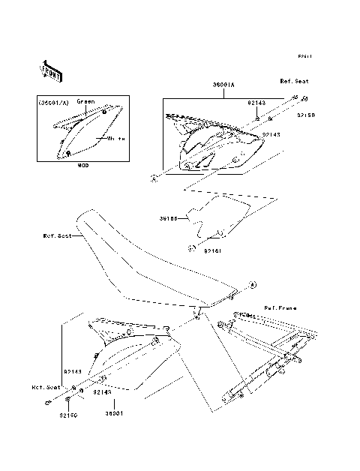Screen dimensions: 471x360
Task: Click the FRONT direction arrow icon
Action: pos(51,70)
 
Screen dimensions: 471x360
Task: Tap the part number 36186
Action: pos(168,220)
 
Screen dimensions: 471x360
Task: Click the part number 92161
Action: pos(212,251)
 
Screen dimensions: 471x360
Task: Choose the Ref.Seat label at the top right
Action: pos(294,81)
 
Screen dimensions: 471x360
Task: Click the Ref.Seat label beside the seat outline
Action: pos(57,235)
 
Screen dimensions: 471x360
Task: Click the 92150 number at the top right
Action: pos(305,115)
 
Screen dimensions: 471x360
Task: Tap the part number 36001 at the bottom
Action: pos(113,413)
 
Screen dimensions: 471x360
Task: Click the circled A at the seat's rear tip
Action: pos(252,285)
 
